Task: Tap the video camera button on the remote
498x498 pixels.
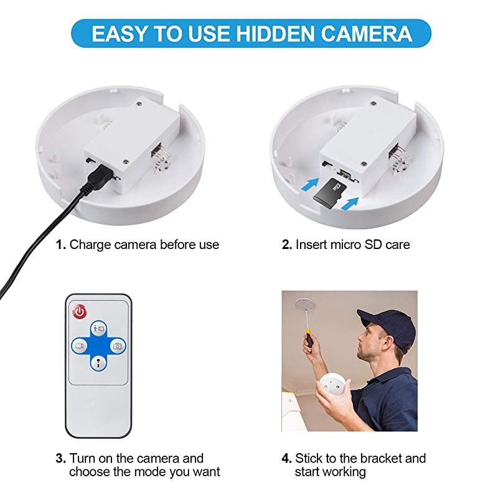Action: [79, 345]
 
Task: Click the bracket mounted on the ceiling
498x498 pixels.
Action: [303, 305]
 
